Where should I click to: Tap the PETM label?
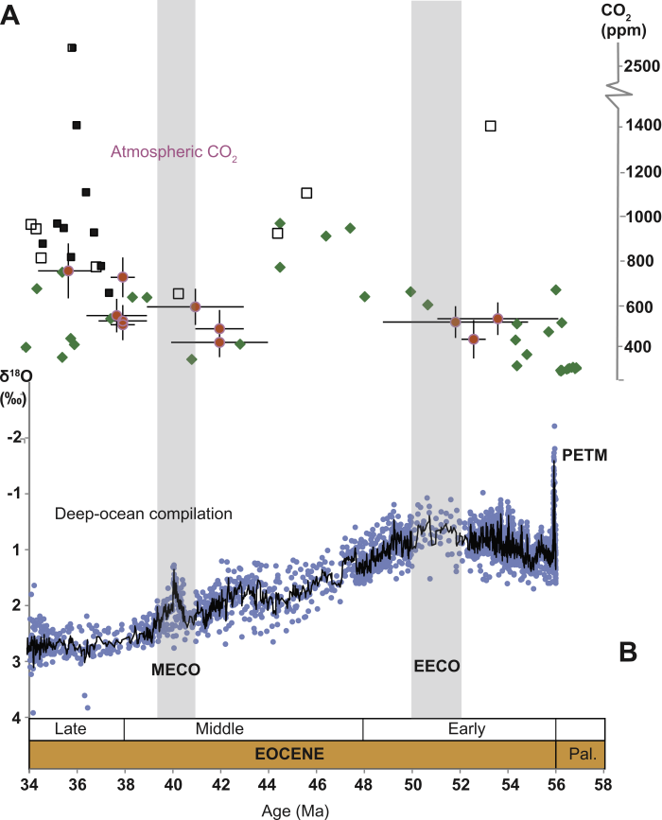[585, 456]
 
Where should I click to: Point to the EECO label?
[436, 666]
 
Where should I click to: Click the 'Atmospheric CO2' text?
[173, 151]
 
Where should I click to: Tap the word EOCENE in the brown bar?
[291, 754]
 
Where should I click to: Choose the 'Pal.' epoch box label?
[580, 754]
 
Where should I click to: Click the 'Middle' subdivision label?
[219, 729]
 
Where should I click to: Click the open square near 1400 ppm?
[490, 126]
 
